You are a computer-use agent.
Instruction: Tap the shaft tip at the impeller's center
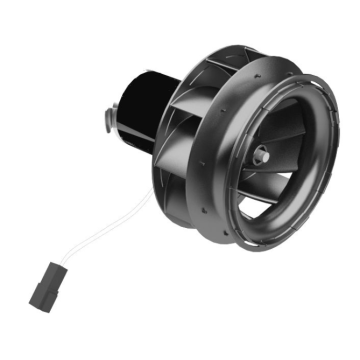pyautogui.click(x=260, y=155)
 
